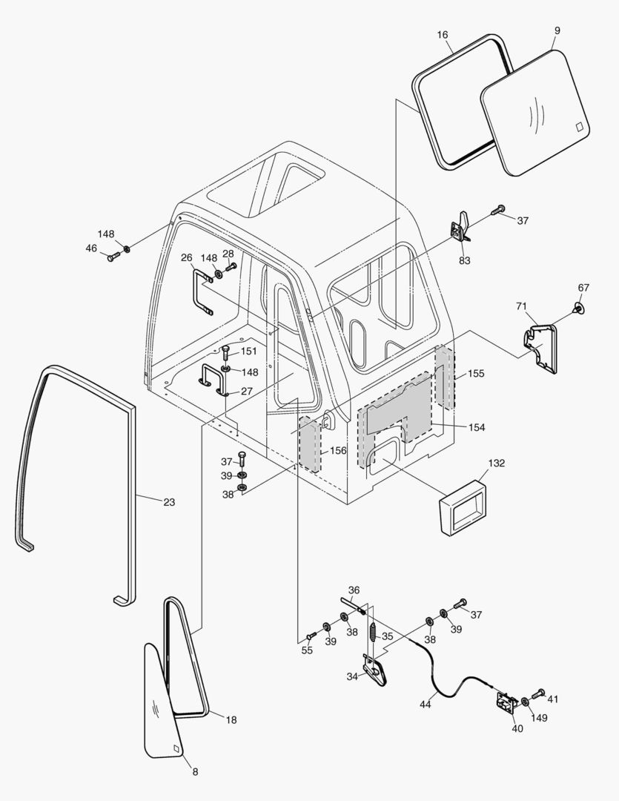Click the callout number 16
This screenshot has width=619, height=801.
443,35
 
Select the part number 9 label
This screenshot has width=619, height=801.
557,30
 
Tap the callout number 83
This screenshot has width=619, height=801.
465,260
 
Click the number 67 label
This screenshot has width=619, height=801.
583,287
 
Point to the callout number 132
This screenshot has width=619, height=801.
497,463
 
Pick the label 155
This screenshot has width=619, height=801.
476,374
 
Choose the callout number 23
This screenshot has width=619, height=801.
169,502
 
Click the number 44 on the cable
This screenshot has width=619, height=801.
425,704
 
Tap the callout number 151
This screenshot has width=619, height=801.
249,351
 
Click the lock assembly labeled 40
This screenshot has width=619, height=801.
507,702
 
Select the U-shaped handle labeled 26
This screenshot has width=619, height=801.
202,292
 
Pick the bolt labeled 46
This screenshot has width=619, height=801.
113,257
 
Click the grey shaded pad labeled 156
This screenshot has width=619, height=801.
310,444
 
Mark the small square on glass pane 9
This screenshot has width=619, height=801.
579,127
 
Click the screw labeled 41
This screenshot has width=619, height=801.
537,693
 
